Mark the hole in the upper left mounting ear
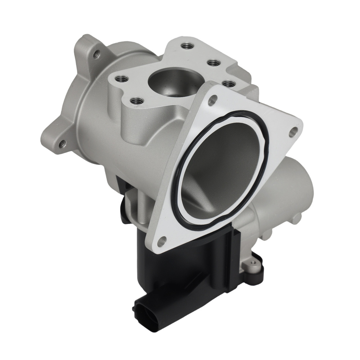coord(96,54)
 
